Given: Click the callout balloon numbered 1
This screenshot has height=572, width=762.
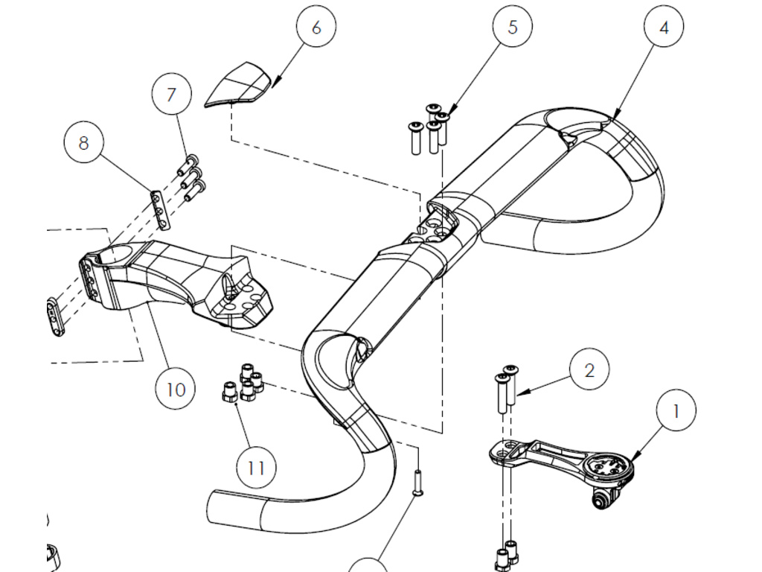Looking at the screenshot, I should pyautogui.click(x=676, y=410).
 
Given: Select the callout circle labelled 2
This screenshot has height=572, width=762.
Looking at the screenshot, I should pyautogui.click(x=589, y=370).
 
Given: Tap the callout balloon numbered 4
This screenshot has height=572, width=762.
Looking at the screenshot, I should pyautogui.click(x=664, y=28).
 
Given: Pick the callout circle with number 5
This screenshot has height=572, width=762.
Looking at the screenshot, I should pyautogui.click(x=512, y=28).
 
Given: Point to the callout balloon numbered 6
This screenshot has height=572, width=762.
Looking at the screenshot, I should pyautogui.click(x=316, y=28).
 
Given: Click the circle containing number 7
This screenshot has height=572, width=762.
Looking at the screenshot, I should pyautogui.click(x=172, y=95).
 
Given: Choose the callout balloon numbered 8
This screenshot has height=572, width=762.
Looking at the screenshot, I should pyautogui.click(x=83, y=142).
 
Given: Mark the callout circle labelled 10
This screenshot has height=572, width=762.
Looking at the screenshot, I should pyautogui.click(x=176, y=390).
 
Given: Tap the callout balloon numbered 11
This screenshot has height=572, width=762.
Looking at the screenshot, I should pyautogui.click(x=256, y=468).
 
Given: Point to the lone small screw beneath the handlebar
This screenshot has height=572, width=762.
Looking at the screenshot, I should pyautogui.click(x=417, y=483).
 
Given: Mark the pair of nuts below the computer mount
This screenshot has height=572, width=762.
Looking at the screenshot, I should pyautogui.click(x=506, y=555).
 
